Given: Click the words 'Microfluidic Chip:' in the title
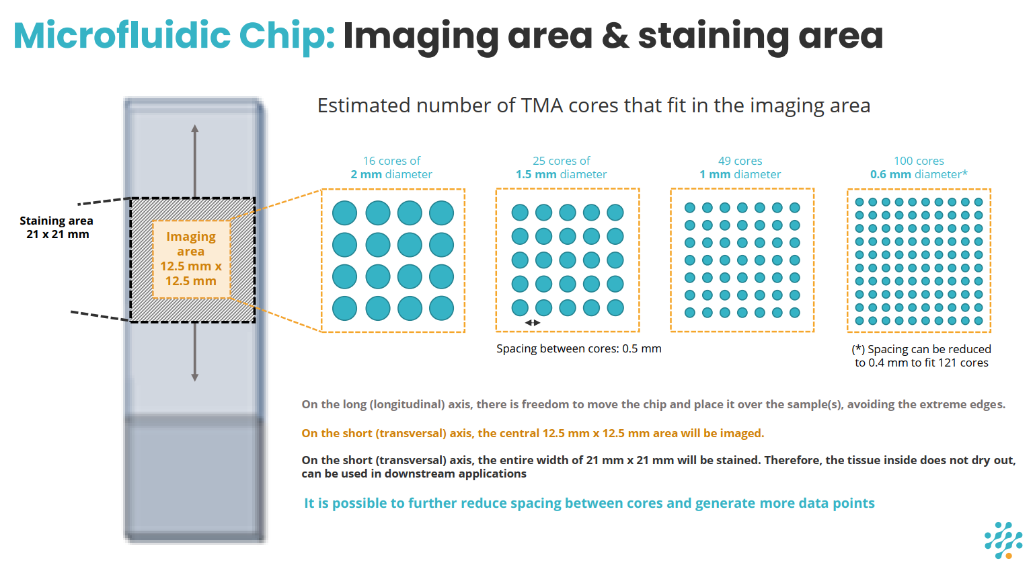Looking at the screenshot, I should point(174,36).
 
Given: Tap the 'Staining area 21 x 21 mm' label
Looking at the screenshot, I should point(56,227).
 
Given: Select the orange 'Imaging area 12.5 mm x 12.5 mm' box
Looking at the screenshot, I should point(191,258).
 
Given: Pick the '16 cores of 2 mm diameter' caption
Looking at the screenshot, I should point(391,167).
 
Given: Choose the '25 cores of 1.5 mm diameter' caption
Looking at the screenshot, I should point(561,167).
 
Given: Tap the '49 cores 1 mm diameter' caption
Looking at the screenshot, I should point(740,167).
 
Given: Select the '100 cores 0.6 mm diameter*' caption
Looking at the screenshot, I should point(919,167).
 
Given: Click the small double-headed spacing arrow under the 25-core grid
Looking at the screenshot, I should point(533,323).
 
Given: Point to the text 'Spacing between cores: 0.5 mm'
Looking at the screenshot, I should point(578,348).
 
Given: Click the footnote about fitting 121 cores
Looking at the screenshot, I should point(921,356).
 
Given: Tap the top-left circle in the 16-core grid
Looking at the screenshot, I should point(345,213).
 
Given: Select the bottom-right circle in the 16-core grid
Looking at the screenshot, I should point(441,308).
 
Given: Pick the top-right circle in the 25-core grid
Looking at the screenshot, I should point(615,213).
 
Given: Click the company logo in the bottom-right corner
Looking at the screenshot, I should point(1003,539).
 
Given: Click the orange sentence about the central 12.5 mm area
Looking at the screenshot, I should point(533,433).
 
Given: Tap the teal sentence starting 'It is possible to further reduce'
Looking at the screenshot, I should point(589,503).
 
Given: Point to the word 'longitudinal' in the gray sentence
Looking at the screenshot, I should point(403,404).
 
